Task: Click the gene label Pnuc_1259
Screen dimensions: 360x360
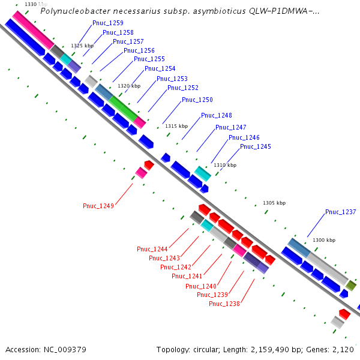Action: (108, 23)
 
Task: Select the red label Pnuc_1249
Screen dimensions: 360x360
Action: (98, 206)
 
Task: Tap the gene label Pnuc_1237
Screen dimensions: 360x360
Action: (340, 212)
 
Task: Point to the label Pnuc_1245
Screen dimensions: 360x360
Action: (256, 146)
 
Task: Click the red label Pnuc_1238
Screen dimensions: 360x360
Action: (224, 304)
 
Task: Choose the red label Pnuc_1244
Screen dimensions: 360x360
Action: (152, 249)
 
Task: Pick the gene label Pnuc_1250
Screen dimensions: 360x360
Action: (197, 100)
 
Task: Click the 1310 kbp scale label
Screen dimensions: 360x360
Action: (225, 165)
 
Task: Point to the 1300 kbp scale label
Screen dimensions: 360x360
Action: (324, 240)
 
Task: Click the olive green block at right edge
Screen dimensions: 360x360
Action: (351, 286)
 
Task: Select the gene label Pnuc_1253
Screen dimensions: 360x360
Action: (172, 79)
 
